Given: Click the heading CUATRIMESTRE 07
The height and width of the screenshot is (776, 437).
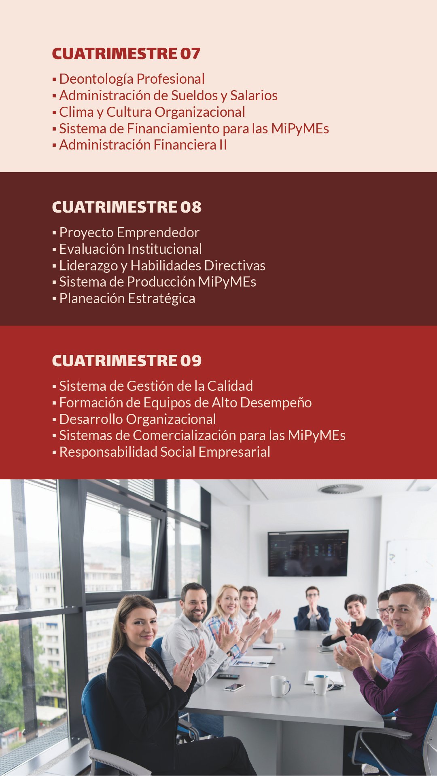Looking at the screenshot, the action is [x=126, y=54].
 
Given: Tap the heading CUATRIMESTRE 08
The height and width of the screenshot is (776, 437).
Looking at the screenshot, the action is [x=127, y=207].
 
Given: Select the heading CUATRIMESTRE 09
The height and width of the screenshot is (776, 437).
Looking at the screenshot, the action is [x=127, y=361].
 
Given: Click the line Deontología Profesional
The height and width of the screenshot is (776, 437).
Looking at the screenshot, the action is [x=132, y=79].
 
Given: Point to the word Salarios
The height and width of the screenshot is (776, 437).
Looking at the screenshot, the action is [x=254, y=95].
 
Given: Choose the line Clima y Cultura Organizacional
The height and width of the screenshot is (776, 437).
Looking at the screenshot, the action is [x=152, y=112].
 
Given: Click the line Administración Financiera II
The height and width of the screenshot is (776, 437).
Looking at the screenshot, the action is [x=143, y=145].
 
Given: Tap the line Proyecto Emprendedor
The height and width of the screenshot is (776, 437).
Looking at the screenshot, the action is [x=129, y=233].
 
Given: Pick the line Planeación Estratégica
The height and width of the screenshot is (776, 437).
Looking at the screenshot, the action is [x=127, y=299].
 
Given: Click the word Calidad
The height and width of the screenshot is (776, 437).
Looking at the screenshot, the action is [x=230, y=386].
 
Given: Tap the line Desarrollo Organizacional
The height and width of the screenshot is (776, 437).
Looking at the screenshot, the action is [x=138, y=420].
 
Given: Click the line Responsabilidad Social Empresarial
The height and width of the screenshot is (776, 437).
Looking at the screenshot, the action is [x=165, y=452].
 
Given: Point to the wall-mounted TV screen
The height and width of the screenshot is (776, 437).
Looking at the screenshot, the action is [x=308, y=553].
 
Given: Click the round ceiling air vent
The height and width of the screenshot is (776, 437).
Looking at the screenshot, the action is [x=340, y=489].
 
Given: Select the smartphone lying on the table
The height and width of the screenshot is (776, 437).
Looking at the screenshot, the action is [x=234, y=687].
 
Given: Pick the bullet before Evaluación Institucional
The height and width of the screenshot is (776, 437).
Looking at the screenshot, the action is [x=54, y=250].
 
